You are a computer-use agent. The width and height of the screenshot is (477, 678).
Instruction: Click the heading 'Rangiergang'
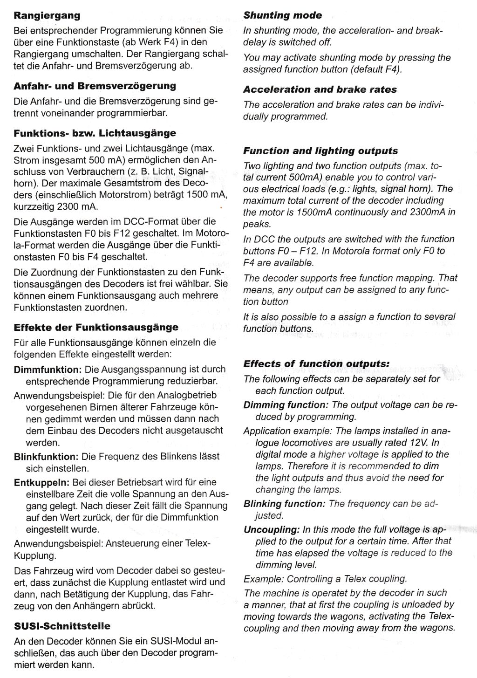point(47,15)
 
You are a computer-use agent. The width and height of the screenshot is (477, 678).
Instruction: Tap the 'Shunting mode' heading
point(282,15)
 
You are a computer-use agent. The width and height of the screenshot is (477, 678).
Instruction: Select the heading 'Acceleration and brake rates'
point(320,89)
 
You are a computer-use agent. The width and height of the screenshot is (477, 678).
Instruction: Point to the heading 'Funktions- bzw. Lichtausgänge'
point(95,133)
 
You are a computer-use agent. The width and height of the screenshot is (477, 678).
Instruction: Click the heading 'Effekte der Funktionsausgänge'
point(96,327)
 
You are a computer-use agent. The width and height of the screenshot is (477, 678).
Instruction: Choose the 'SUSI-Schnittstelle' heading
point(62,626)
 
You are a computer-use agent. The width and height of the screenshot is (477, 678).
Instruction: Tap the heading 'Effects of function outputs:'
point(316,364)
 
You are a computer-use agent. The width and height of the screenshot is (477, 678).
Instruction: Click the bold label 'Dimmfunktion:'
point(48,370)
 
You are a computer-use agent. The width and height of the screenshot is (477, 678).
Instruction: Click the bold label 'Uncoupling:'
point(272,530)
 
